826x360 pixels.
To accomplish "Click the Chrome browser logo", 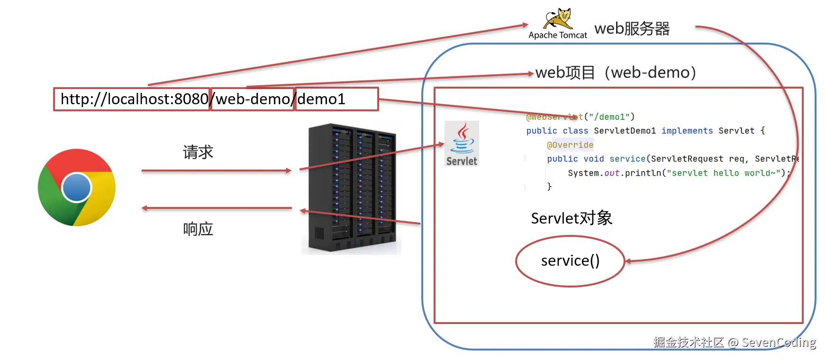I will coord(77,188).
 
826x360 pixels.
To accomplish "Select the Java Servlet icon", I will coord(462,143).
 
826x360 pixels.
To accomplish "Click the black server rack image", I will coord(352,189).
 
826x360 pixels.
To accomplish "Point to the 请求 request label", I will coord(198,152).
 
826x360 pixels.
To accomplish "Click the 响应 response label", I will coord(198,229).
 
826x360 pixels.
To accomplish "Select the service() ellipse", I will coord(570,261).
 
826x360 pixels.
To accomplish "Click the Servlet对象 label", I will coord(572,218).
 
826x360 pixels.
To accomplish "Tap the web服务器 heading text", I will coord(632,29).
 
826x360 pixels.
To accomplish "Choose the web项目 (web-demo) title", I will coord(616,72).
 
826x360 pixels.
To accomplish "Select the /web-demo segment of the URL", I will coord(253,99).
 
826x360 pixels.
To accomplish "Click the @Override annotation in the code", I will coord(570,145).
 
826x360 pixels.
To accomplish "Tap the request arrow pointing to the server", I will coord(216,171).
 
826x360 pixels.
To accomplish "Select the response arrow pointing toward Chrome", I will coord(216,208).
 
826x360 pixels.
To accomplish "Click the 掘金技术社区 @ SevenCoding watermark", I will coord(734,342).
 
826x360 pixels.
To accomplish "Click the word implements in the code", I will coord(687,131).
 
